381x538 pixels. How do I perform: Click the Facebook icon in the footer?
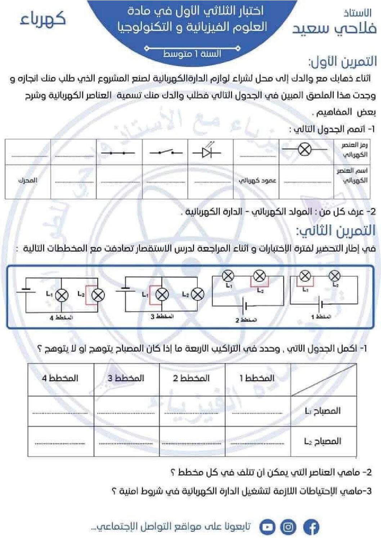point(311,527)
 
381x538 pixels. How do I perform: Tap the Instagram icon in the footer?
point(288,527)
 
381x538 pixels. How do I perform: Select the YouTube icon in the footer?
point(267,527)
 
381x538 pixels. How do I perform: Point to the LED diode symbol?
point(207,152)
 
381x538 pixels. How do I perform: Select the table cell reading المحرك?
point(28,180)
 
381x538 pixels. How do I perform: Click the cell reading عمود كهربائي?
point(257,180)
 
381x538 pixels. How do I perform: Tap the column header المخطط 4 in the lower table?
point(60,378)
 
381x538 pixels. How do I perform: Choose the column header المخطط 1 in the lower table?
point(257,378)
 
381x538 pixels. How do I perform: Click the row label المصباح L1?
point(323,411)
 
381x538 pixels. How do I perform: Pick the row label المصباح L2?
point(323,441)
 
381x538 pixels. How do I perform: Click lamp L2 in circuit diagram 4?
point(98,295)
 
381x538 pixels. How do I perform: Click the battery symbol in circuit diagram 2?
point(246,306)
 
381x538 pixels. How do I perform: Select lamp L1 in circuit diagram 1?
point(305,276)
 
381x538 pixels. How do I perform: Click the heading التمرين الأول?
point(342,62)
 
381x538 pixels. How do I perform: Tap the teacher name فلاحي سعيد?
point(334,28)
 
